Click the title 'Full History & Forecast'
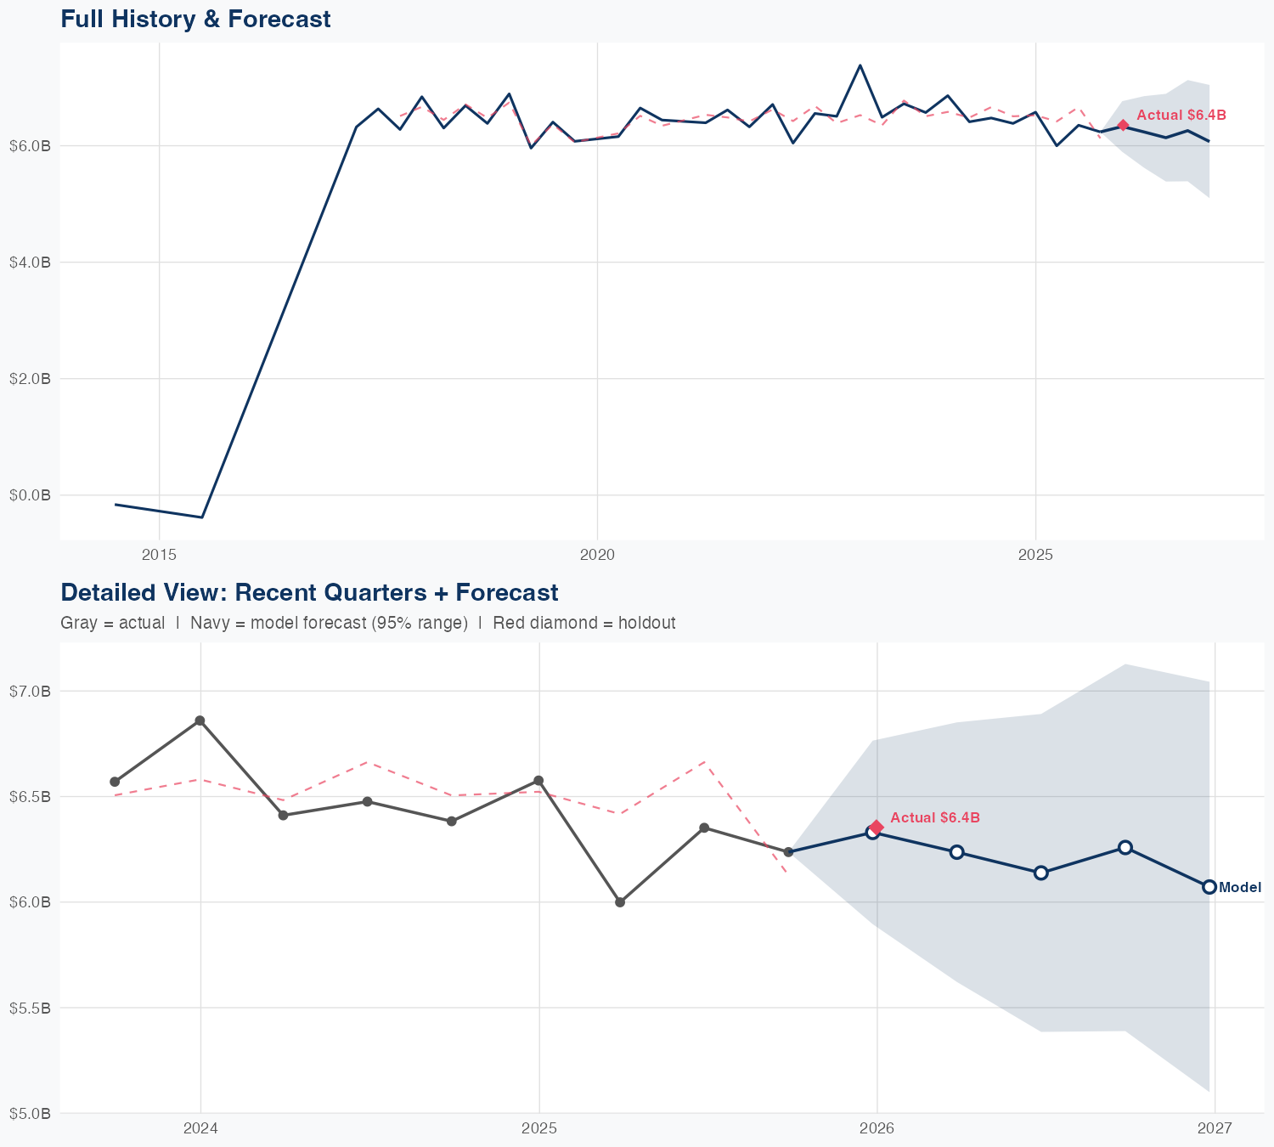point(195,19)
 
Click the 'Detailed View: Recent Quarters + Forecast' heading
point(309,592)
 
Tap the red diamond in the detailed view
point(877,827)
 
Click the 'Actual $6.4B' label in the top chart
point(1181,115)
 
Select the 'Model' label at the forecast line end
point(1239,887)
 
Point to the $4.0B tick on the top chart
point(31,263)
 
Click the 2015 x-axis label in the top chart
point(159,555)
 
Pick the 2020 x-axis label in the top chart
point(597,555)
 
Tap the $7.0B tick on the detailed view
point(31,691)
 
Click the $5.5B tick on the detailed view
point(31,1008)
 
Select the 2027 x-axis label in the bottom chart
point(1215,1128)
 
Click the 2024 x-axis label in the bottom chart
point(200,1128)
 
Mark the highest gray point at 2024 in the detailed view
point(200,720)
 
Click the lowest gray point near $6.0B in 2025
point(620,902)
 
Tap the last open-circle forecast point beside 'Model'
point(1209,887)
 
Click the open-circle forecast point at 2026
point(872,833)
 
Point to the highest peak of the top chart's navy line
point(860,65)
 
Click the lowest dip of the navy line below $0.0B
point(201,517)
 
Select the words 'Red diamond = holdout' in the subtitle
point(583,623)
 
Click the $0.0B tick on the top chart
point(31,495)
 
